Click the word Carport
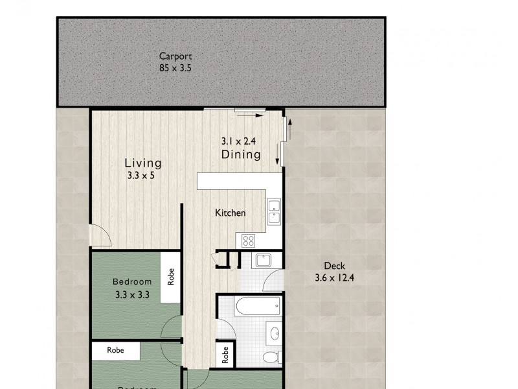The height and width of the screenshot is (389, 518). (175, 56)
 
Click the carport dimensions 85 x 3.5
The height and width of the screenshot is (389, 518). (175, 67)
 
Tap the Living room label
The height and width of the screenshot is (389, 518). (143, 163)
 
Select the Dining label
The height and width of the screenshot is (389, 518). (241, 154)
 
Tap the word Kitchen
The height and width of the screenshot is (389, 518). (231, 213)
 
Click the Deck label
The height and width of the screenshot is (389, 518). (335, 266)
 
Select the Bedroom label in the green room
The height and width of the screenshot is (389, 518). (132, 281)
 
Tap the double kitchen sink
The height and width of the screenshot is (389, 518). (275, 213)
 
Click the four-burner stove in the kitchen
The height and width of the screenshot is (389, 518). (249, 241)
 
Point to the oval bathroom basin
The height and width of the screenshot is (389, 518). (274, 334)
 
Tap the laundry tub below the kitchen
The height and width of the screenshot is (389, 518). (264, 261)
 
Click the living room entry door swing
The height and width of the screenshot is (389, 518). (99, 236)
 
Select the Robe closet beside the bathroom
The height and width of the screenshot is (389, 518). (225, 355)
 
